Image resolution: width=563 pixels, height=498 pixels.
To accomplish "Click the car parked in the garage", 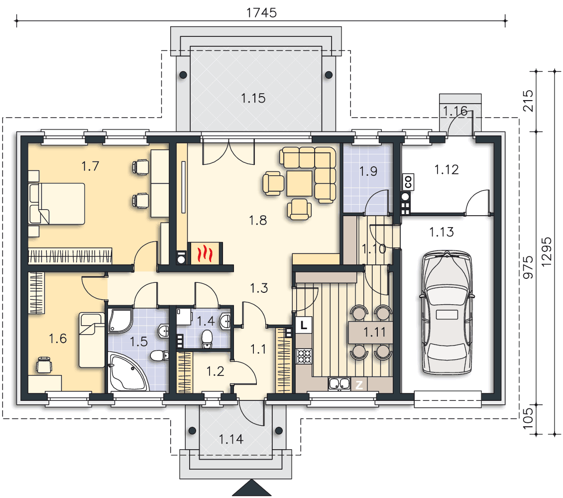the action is tap(447, 313).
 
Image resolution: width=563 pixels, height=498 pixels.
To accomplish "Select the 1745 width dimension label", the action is tap(261, 13).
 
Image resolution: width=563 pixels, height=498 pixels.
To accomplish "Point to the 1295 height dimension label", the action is tap(546, 251).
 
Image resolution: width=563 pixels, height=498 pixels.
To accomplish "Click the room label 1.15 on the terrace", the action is tap(253, 98).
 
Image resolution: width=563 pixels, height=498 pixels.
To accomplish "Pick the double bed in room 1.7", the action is tap(57, 204).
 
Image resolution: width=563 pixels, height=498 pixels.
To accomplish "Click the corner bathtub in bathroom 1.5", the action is tap(128, 373).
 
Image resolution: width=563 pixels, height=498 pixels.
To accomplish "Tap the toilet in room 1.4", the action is tap(207, 339).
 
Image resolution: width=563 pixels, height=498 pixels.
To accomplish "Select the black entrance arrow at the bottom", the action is tap(252, 488).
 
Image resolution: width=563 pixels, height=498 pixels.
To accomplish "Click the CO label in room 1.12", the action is tap(408, 181).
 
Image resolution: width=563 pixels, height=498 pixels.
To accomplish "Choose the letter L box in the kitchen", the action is tap(304, 325).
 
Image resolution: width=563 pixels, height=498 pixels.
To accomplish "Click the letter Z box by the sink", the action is tap(359, 385).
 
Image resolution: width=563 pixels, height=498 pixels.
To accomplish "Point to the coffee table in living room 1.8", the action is tap(300, 183).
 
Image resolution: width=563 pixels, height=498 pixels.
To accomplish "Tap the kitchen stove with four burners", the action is tap(304, 357).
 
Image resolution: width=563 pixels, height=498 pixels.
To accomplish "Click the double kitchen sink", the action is tap(339, 384).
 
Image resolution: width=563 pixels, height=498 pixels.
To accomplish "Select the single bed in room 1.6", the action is tap(92, 340).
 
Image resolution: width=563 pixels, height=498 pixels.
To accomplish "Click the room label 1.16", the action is tap(455, 111).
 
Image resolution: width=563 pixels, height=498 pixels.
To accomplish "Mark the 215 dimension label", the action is tap(528, 101).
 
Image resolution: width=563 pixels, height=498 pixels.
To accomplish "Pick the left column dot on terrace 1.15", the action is tap(183, 75).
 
